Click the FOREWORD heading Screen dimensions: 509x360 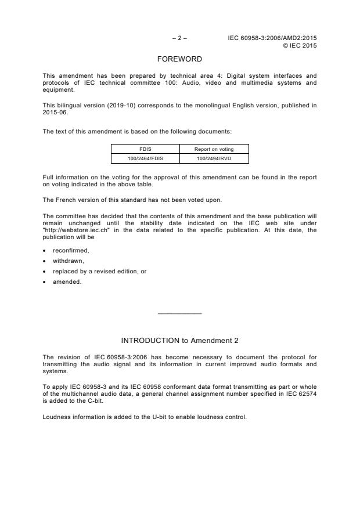pos(179,59)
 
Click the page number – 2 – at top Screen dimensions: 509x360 pos(179,38)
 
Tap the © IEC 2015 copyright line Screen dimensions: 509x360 pos(300,45)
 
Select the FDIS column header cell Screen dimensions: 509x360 pos(145,149)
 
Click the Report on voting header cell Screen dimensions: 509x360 pos(214,149)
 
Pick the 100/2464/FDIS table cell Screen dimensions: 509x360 pos(145,158)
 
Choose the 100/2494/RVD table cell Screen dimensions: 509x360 pos(214,158)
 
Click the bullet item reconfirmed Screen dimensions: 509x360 pos(71,250)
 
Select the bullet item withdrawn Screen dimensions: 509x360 pos(68,261)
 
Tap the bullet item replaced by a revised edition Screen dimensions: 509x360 pos(95,271)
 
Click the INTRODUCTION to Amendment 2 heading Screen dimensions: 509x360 pos(179,340)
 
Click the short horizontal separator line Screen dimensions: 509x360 pos(179,314)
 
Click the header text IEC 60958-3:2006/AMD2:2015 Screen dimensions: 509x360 pos(272,38)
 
